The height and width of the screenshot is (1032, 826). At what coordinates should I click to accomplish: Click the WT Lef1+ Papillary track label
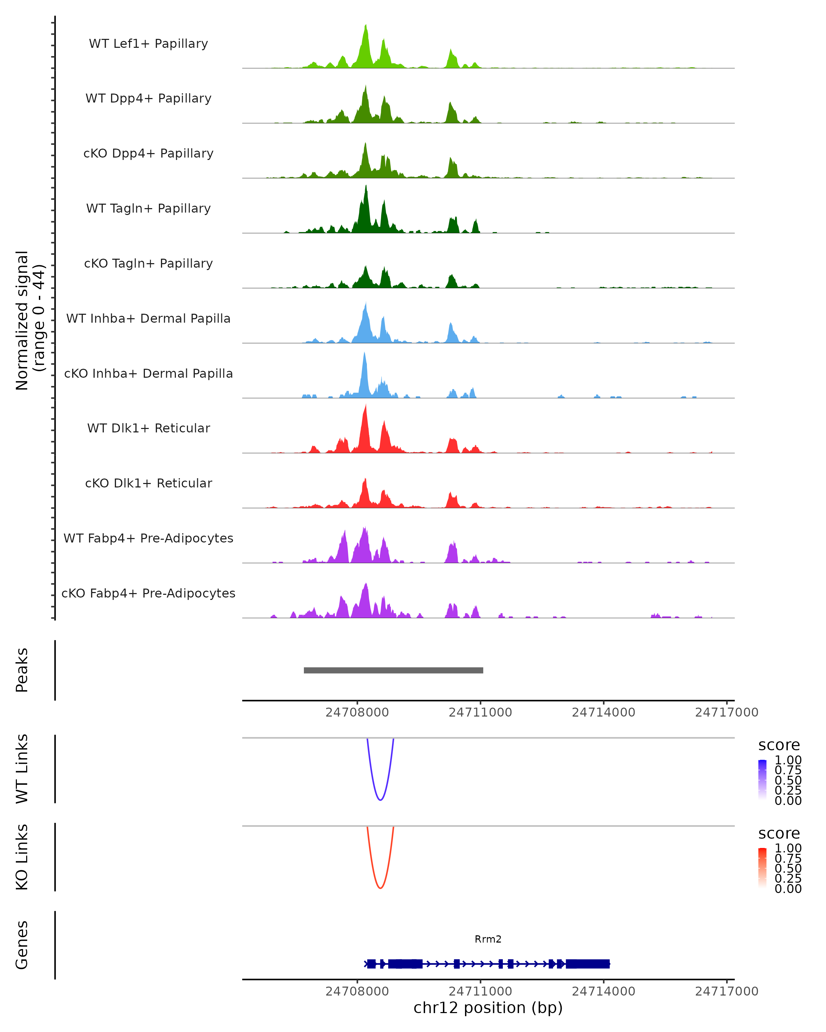click(x=148, y=44)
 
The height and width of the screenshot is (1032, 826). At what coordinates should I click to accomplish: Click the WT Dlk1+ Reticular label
click(x=148, y=428)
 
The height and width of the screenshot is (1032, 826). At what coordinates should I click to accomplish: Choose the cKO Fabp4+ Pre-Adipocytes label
click(x=148, y=593)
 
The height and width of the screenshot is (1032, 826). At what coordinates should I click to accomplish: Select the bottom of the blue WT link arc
click(x=380, y=800)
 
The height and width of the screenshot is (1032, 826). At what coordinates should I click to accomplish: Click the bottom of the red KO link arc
click(x=380, y=888)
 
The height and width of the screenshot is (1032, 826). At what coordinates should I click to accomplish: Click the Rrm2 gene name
click(x=488, y=939)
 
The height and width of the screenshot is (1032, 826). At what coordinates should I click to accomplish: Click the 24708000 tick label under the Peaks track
click(x=357, y=713)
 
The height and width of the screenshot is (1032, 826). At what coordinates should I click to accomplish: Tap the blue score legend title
click(x=779, y=745)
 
